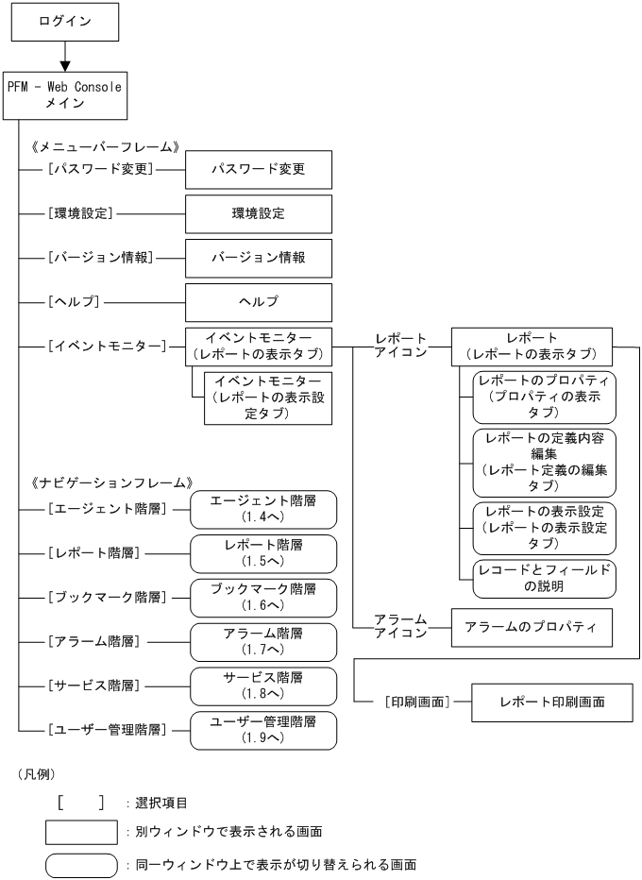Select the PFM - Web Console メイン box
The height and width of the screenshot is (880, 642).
65,95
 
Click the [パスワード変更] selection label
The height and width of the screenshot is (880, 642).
100,170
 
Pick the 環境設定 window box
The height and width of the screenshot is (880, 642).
259,213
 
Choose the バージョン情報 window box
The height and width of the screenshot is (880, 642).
259,257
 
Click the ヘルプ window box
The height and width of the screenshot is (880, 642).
259,301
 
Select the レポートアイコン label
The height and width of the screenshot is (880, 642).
400,346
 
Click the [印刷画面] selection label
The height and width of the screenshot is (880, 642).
415,702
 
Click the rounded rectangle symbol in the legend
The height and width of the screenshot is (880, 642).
81,864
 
